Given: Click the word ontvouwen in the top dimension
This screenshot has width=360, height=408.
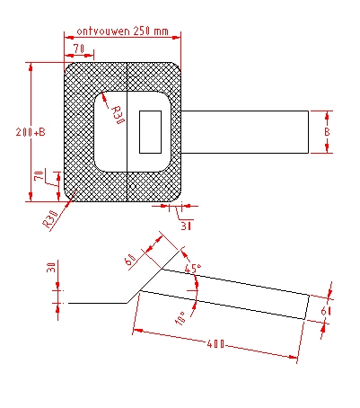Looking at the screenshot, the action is (103, 31).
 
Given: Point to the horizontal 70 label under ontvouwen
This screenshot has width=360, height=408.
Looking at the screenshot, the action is (79, 49).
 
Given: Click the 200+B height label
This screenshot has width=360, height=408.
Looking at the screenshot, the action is (31, 132).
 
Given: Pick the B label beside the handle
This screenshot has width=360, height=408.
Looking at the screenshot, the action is (327, 132).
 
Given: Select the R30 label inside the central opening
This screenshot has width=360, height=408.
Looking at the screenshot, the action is (118, 115).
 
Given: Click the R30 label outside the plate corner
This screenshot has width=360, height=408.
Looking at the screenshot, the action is (50, 219).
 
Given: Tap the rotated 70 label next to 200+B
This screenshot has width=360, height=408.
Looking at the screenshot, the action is (39, 175).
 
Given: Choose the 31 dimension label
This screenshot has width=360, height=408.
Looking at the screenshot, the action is (186, 226).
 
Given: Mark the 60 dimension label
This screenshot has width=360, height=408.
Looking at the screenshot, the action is (130, 259).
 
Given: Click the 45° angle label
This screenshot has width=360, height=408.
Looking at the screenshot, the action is (193, 268).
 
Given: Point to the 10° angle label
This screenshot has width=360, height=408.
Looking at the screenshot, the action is (180, 318).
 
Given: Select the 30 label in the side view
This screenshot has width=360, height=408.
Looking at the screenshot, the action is (51, 268).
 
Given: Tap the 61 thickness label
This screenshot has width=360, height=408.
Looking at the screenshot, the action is (326, 312).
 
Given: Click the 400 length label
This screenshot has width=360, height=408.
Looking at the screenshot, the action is (215, 344).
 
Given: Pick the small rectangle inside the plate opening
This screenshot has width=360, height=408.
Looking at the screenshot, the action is (151, 132).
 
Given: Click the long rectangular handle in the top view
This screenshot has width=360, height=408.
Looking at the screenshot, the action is (245, 132).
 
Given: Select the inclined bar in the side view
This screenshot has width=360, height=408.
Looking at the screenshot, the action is (225, 294).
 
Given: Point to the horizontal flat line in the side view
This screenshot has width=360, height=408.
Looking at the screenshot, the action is (98, 303).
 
